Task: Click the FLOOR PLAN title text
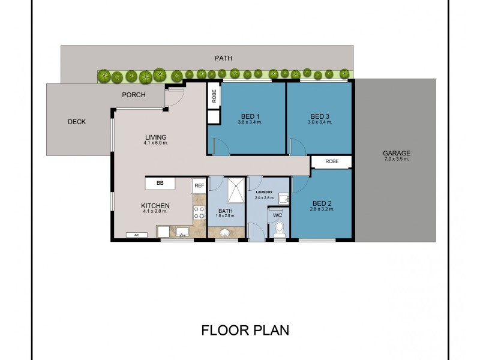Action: point(245,330)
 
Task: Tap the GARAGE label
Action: point(396,153)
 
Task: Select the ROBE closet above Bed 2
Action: point(332,161)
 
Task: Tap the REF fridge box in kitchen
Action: point(199,185)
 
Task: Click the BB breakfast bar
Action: point(160,182)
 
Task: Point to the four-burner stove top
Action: point(199,212)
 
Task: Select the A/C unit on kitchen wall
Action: point(137,235)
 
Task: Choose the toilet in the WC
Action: point(279,229)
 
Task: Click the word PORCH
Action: point(133,95)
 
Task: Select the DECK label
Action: point(76,122)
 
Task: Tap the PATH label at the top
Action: point(223,58)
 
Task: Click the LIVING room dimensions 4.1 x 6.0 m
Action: point(155,143)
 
